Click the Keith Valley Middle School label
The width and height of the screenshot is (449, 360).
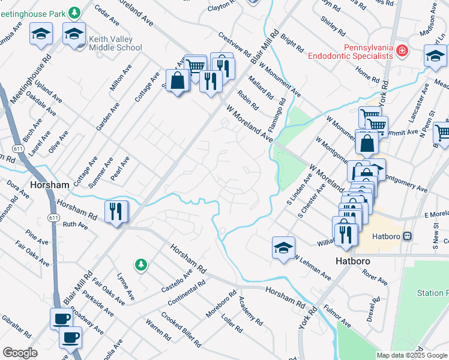tap(115, 43)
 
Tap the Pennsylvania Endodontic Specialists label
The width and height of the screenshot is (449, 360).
tap(351, 52)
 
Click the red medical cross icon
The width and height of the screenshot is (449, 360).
tap(402, 52)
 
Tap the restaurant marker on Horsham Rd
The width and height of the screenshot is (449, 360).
tap(115, 211)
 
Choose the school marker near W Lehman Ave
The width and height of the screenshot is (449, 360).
tap(283, 247)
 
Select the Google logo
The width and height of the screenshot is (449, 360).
tap(20, 353)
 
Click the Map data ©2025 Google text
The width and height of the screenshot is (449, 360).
tap(411, 355)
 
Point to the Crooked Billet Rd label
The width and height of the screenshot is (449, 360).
tap(180, 330)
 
